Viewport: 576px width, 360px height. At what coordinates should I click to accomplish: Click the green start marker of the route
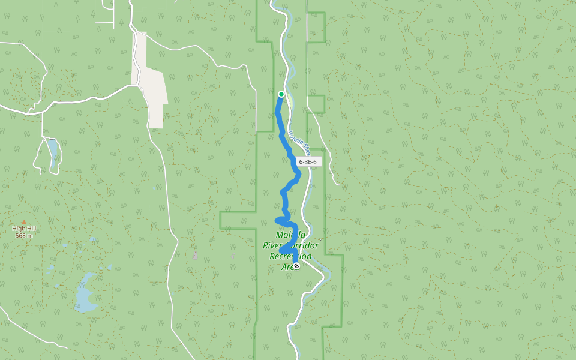point(281,94)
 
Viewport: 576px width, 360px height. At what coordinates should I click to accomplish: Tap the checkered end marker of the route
point(296,266)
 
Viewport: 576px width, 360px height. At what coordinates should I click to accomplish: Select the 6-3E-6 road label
point(307,162)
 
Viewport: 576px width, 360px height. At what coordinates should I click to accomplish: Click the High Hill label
point(24,229)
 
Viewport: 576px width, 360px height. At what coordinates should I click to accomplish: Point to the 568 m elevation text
point(24,235)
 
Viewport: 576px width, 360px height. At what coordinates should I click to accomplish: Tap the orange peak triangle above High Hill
point(24,223)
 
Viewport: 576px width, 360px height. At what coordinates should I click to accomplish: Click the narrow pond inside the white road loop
point(53,153)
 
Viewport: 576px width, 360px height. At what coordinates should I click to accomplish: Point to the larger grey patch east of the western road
point(195,254)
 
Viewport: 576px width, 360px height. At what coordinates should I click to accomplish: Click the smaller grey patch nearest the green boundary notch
point(233,256)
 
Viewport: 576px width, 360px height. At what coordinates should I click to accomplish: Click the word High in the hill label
point(18,229)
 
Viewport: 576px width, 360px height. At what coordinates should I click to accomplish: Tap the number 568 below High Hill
point(20,235)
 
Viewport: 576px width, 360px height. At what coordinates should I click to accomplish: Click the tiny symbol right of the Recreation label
point(320,239)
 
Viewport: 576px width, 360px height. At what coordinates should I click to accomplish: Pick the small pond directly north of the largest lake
point(92,239)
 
